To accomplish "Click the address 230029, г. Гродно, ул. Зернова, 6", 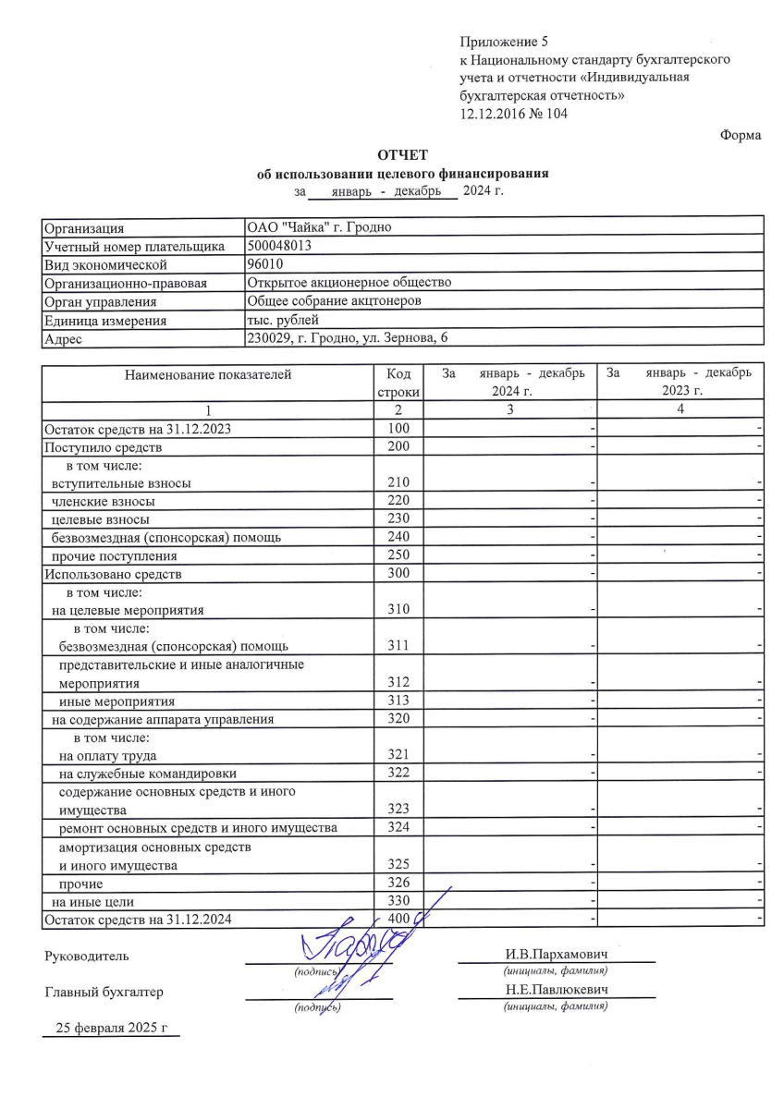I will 352,338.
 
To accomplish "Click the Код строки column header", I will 398,382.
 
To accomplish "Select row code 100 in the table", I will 398,429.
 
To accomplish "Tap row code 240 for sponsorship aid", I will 398,537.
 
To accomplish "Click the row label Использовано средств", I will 114,574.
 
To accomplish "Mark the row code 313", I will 398,701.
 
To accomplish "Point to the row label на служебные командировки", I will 147,773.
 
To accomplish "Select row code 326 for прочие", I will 398,884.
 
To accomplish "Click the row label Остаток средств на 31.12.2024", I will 139,920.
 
